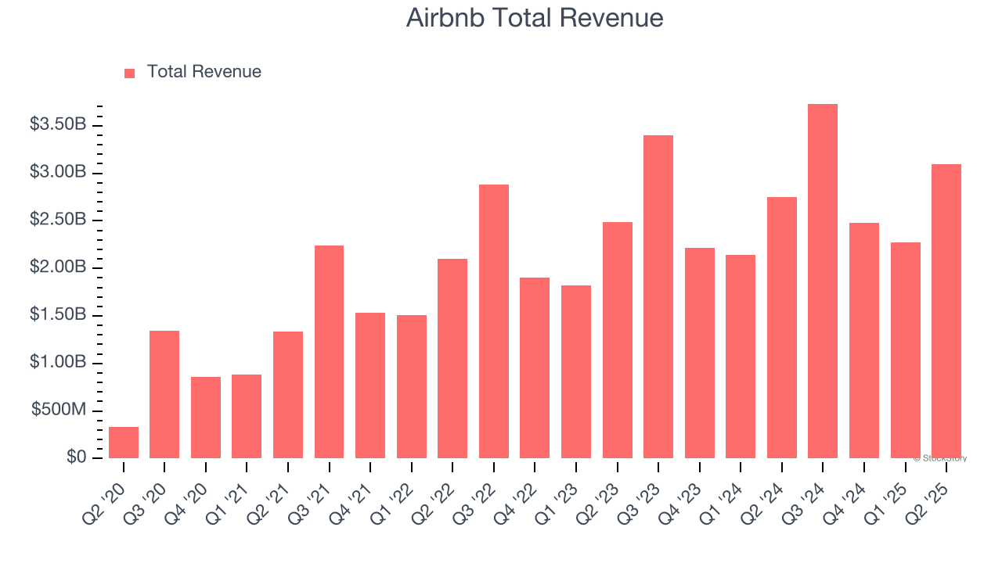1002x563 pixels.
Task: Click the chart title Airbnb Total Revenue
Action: [535, 18]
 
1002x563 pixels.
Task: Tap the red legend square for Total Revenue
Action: [129, 73]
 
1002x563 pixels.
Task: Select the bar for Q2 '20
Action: [124, 443]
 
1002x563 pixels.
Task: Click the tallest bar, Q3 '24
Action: [823, 281]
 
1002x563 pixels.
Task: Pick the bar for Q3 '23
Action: [658, 297]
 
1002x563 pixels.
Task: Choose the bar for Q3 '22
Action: [494, 321]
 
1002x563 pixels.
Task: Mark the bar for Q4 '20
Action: [206, 418]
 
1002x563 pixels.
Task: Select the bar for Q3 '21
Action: [329, 352]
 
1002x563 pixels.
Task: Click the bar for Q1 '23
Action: [576, 371]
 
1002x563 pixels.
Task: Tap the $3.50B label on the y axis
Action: [58, 124]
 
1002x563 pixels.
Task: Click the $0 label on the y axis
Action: [76, 457]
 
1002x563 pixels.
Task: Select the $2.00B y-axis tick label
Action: [58, 267]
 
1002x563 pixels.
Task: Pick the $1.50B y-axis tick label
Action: [58, 315]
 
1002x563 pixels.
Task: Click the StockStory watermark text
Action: [940, 458]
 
